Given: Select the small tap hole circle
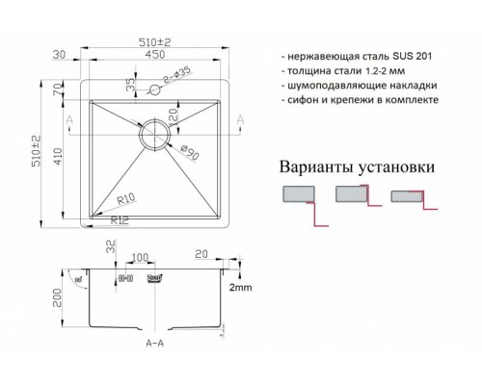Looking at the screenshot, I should point(152,90).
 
